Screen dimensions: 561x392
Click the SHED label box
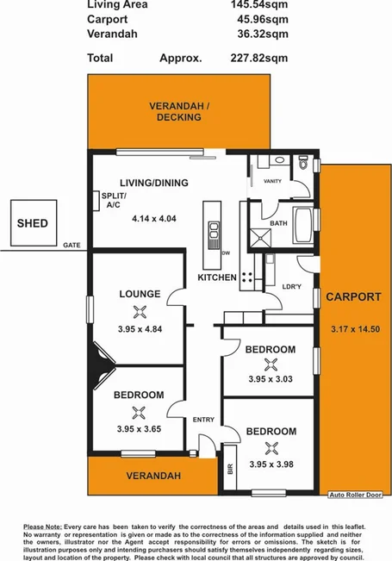pyautogui.click(x=33, y=224)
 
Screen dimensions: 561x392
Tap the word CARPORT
pyautogui.click(x=353, y=297)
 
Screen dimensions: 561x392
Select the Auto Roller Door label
pyautogui.click(x=354, y=495)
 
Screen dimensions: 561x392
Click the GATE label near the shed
pyautogui.click(x=71, y=246)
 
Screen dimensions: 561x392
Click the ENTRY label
pyautogui.click(x=203, y=420)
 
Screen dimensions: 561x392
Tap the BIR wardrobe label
pyautogui.click(x=229, y=471)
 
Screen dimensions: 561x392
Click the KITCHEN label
pyautogui.click(x=217, y=277)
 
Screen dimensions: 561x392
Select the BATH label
pyautogui.click(x=277, y=223)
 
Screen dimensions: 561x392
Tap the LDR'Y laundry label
pyautogui.click(x=292, y=287)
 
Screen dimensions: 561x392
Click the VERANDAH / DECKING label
pyautogui.click(x=178, y=111)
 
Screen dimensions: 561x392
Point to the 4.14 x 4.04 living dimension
pyautogui.click(x=154, y=219)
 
